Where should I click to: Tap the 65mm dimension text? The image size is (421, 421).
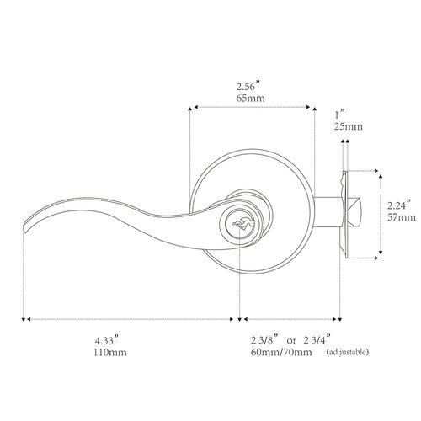click(x=252, y=99)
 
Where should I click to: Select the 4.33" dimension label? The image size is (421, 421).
click(x=106, y=340)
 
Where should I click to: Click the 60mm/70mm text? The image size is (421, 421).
click(x=280, y=353)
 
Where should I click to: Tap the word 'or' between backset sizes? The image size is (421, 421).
click(x=295, y=340)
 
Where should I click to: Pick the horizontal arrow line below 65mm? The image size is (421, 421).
click(x=253, y=109)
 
